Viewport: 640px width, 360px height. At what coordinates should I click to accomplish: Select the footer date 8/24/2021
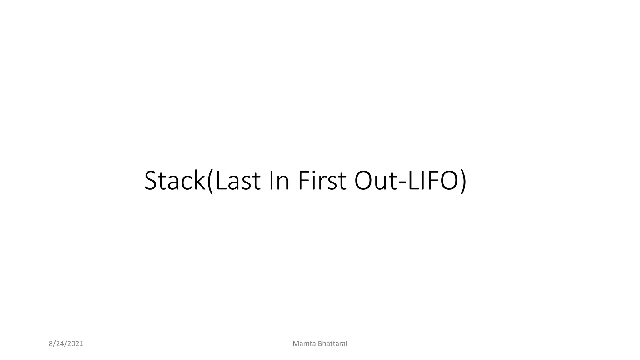pyautogui.click(x=66, y=344)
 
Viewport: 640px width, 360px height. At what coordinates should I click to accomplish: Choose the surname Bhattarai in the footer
pyautogui.click(x=332, y=344)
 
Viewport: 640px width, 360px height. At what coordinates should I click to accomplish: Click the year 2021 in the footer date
pyautogui.click(x=75, y=344)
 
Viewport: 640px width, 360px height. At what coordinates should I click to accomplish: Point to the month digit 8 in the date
pyautogui.click(x=51, y=344)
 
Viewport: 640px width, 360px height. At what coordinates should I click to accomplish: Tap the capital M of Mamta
pyautogui.click(x=296, y=344)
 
